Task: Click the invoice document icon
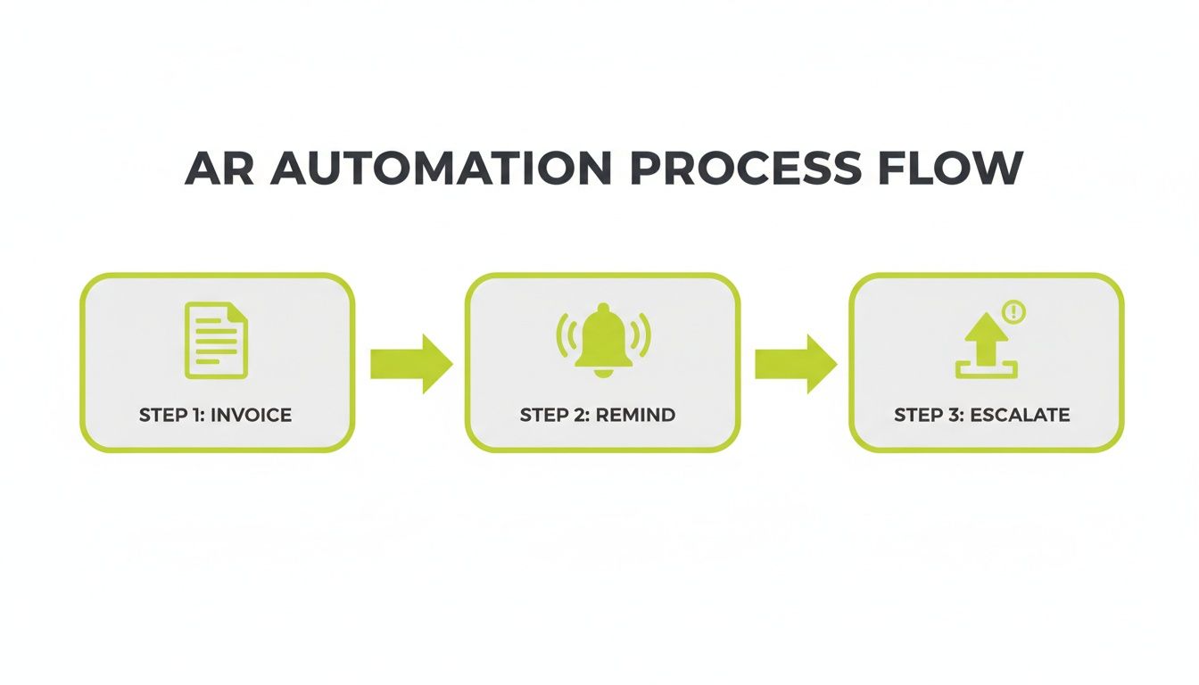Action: [x=215, y=340]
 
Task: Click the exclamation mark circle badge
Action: [x=1014, y=312]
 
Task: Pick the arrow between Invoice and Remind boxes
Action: [x=411, y=364]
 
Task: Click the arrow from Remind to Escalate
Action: [x=796, y=364]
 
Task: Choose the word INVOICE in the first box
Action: [x=252, y=415]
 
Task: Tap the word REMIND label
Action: [x=635, y=415]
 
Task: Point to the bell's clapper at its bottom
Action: [x=602, y=372]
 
